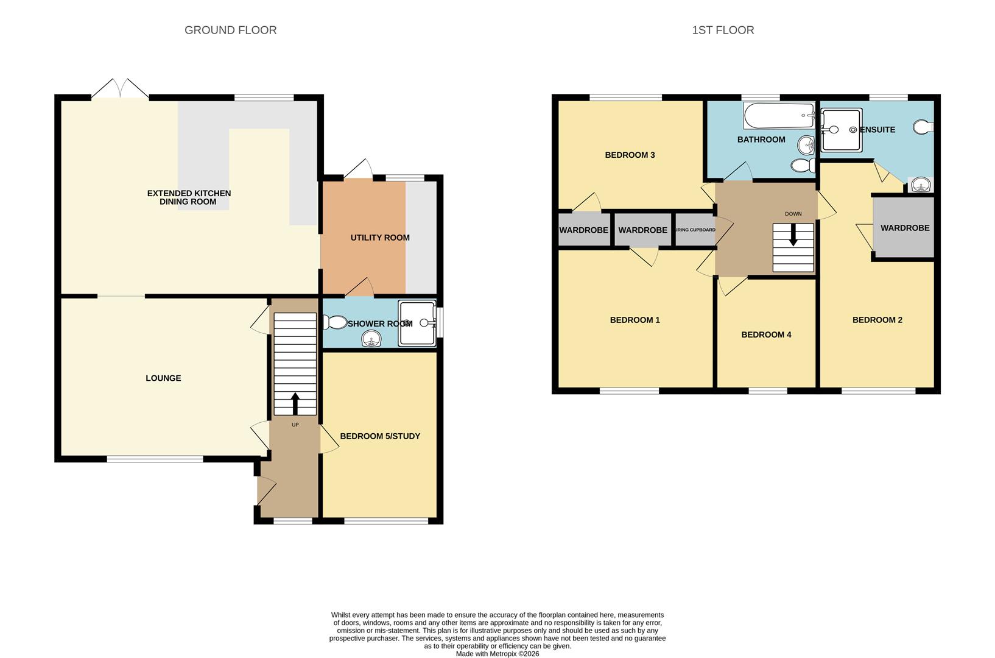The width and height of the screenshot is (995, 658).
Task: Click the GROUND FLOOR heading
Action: pos(230,30)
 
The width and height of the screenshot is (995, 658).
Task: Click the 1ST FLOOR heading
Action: pos(723,30)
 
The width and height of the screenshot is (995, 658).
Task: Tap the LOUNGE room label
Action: pos(163,378)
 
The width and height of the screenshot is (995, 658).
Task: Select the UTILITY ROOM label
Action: pos(380,238)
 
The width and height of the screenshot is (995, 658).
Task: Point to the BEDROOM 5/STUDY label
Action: pos(380,436)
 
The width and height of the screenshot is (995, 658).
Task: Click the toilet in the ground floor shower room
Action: pos(334,322)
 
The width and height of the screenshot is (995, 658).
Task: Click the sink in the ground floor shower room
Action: pos(371,339)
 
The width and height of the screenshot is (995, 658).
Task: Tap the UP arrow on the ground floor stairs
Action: pos(295,403)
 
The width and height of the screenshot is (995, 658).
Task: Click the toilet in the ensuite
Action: pos(924,127)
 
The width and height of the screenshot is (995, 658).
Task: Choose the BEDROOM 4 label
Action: pos(766,334)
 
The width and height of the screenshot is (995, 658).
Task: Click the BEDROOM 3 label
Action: pos(630,155)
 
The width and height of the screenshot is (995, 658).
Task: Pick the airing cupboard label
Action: pos(695,230)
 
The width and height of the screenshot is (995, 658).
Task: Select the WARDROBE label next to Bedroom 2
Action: pos(905,228)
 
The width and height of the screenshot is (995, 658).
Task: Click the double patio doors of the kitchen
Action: pos(120,89)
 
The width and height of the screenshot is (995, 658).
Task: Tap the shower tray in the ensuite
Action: pos(842,130)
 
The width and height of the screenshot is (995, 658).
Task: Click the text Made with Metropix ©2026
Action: pos(497,654)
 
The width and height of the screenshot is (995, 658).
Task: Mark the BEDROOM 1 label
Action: pos(635,320)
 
